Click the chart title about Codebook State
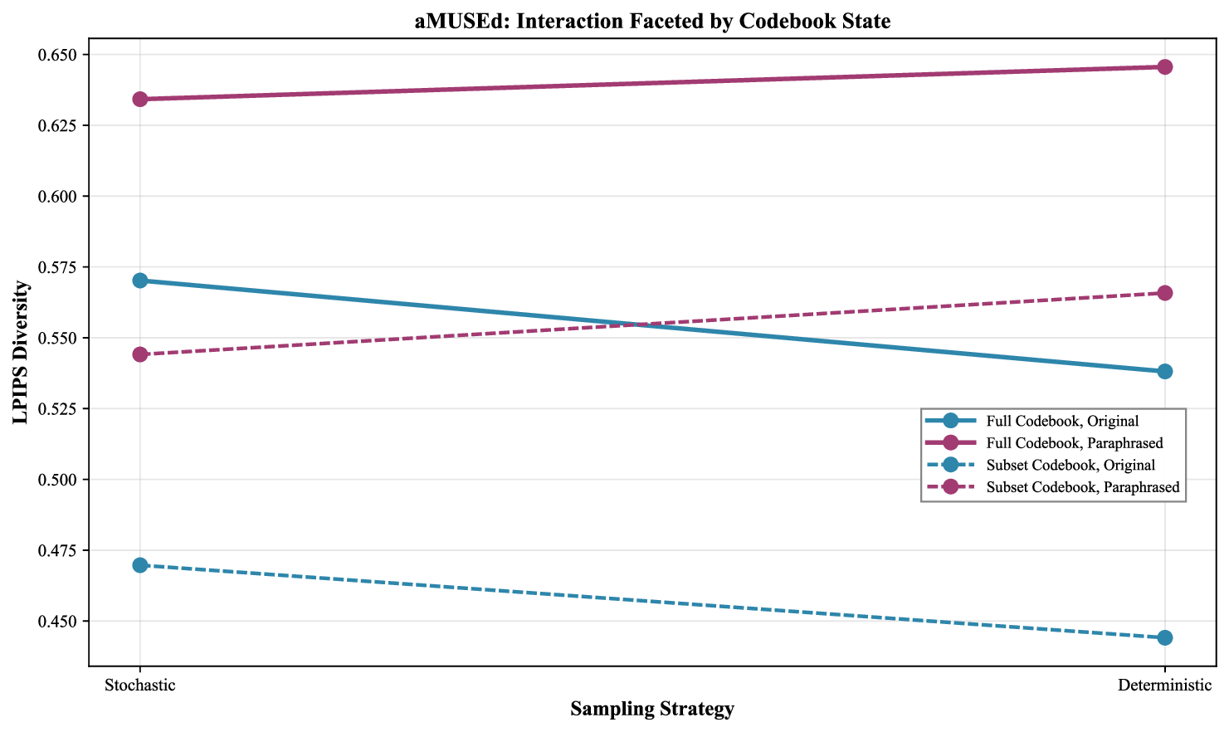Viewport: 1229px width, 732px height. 652,22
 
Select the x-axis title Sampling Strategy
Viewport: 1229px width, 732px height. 652,709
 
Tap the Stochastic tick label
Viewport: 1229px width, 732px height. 140,686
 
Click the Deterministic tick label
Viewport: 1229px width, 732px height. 1165,686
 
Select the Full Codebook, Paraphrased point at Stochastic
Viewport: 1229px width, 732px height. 140,99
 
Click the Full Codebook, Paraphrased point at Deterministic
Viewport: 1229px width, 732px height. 1165,66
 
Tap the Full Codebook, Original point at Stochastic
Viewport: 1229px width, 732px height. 140,281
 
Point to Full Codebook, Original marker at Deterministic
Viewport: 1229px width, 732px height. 1165,371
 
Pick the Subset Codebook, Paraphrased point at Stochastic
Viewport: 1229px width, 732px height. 140,354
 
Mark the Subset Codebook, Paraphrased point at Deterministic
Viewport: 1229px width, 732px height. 1165,293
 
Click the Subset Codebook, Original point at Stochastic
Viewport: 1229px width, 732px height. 140,565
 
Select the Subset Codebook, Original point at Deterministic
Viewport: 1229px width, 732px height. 1165,637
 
